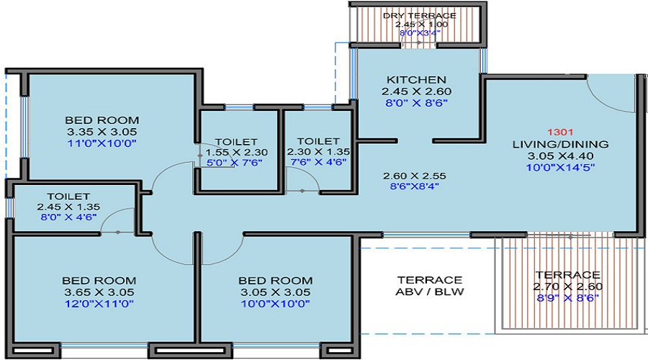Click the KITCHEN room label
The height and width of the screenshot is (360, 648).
pos(416,80)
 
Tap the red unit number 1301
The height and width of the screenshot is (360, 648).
pos(560,132)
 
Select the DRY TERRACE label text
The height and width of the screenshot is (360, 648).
pos(420,16)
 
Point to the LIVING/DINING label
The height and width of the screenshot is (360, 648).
pos(560,144)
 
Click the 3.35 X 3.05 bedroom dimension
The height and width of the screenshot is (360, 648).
pos(102,132)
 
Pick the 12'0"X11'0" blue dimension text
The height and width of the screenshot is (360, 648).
pos(99,304)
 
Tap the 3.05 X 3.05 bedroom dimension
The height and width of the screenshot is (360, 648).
pos(276,292)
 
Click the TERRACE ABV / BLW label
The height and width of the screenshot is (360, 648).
pos(430,286)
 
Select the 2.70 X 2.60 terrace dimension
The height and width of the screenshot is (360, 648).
pos(568,287)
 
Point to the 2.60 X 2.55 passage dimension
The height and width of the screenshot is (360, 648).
pos(415,176)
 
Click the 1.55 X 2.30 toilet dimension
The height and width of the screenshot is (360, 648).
pos(236,153)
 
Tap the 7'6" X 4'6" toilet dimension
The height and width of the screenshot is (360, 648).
pos(318,162)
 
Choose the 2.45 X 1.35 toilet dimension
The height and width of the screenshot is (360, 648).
pos(68,207)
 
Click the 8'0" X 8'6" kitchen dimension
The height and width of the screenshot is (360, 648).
pos(417,103)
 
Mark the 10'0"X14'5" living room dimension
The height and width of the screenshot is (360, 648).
pos(560,167)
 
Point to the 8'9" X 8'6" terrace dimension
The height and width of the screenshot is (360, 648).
pos(568,298)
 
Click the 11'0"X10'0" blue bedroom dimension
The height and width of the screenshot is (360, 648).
pos(102,143)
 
